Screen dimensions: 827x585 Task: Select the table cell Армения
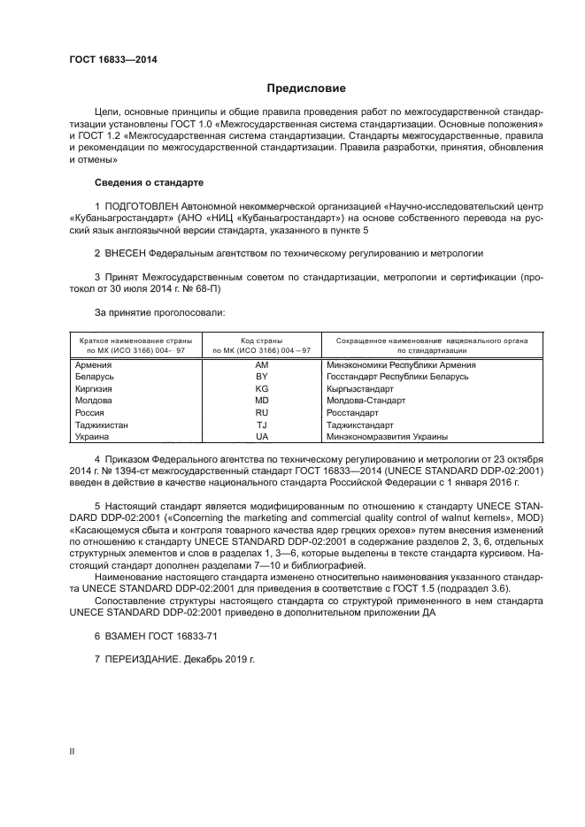pyautogui.click(x=94, y=364)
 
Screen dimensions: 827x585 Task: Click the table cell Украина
pyautogui.click(x=93, y=436)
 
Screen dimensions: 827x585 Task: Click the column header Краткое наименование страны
pyautogui.click(x=132, y=340)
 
